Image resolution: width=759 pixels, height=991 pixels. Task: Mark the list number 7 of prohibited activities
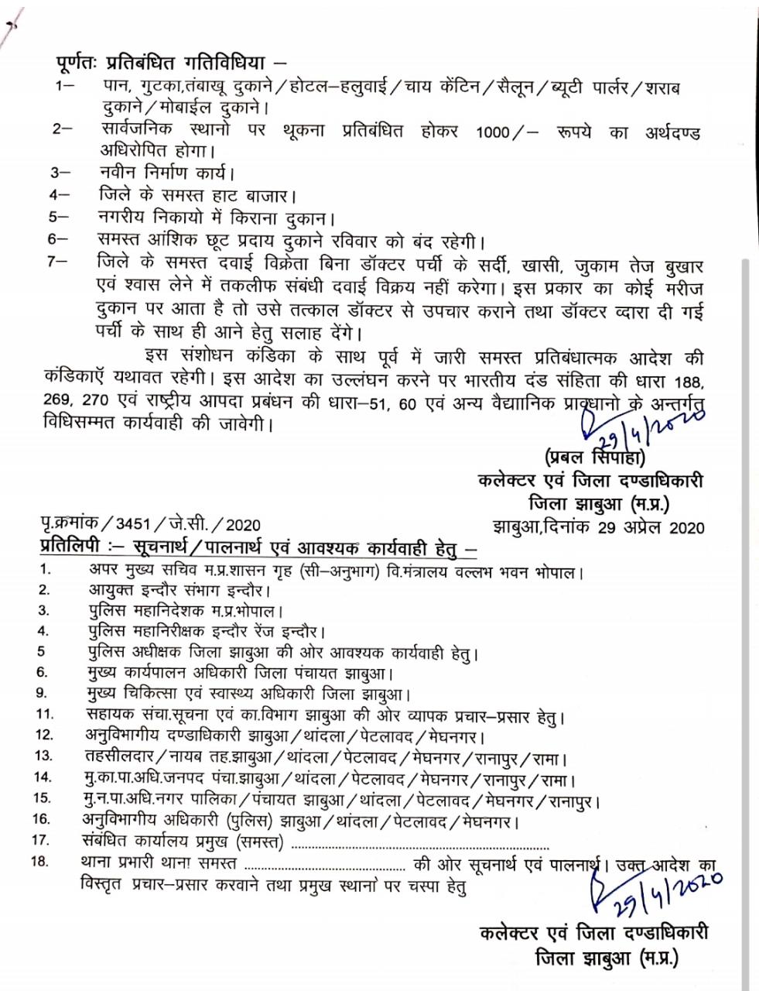[55, 262]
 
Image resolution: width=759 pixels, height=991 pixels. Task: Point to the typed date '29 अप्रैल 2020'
[651, 528]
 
